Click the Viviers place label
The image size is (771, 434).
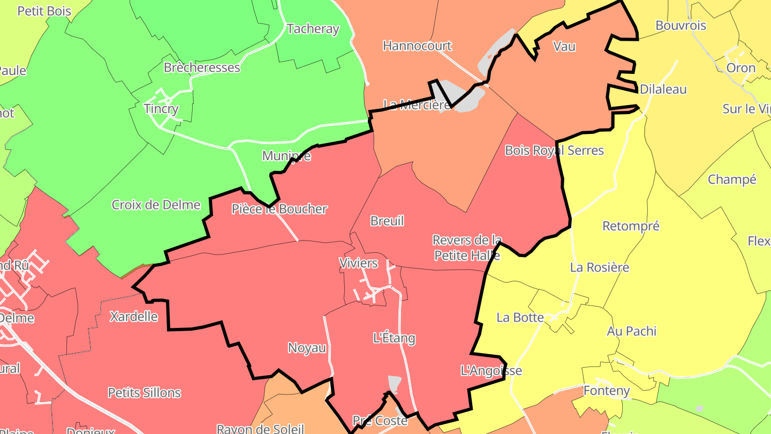pyautogui.click(x=358, y=263)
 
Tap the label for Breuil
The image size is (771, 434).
pyautogui.click(x=387, y=221)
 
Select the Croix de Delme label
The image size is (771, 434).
pyautogui.click(x=156, y=205)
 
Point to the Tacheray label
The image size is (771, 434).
pyautogui.click(x=313, y=29)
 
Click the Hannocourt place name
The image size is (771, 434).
pyautogui.click(x=417, y=46)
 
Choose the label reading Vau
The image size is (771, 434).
pyautogui.click(x=564, y=47)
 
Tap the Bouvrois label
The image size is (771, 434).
pyautogui.click(x=681, y=26)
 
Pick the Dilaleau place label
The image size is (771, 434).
pyautogui.click(x=663, y=89)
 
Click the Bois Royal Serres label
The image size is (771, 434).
pyautogui.click(x=554, y=151)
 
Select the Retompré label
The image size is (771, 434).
pyautogui.click(x=631, y=226)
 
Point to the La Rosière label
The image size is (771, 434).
pyautogui.click(x=599, y=267)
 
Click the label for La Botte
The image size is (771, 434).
pyautogui.click(x=520, y=317)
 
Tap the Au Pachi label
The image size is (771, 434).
pyautogui.click(x=631, y=331)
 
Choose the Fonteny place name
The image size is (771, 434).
pyautogui.click(x=606, y=391)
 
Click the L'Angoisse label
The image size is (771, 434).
pyautogui.click(x=490, y=370)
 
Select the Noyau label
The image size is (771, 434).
pyautogui.click(x=307, y=348)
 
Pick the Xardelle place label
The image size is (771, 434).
pyautogui.click(x=133, y=317)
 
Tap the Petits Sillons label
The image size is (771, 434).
pyautogui.click(x=144, y=393)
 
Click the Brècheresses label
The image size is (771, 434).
pyautogui.click(x=202, y=68)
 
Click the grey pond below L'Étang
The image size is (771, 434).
pyautogui.click(x=394, y=383)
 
